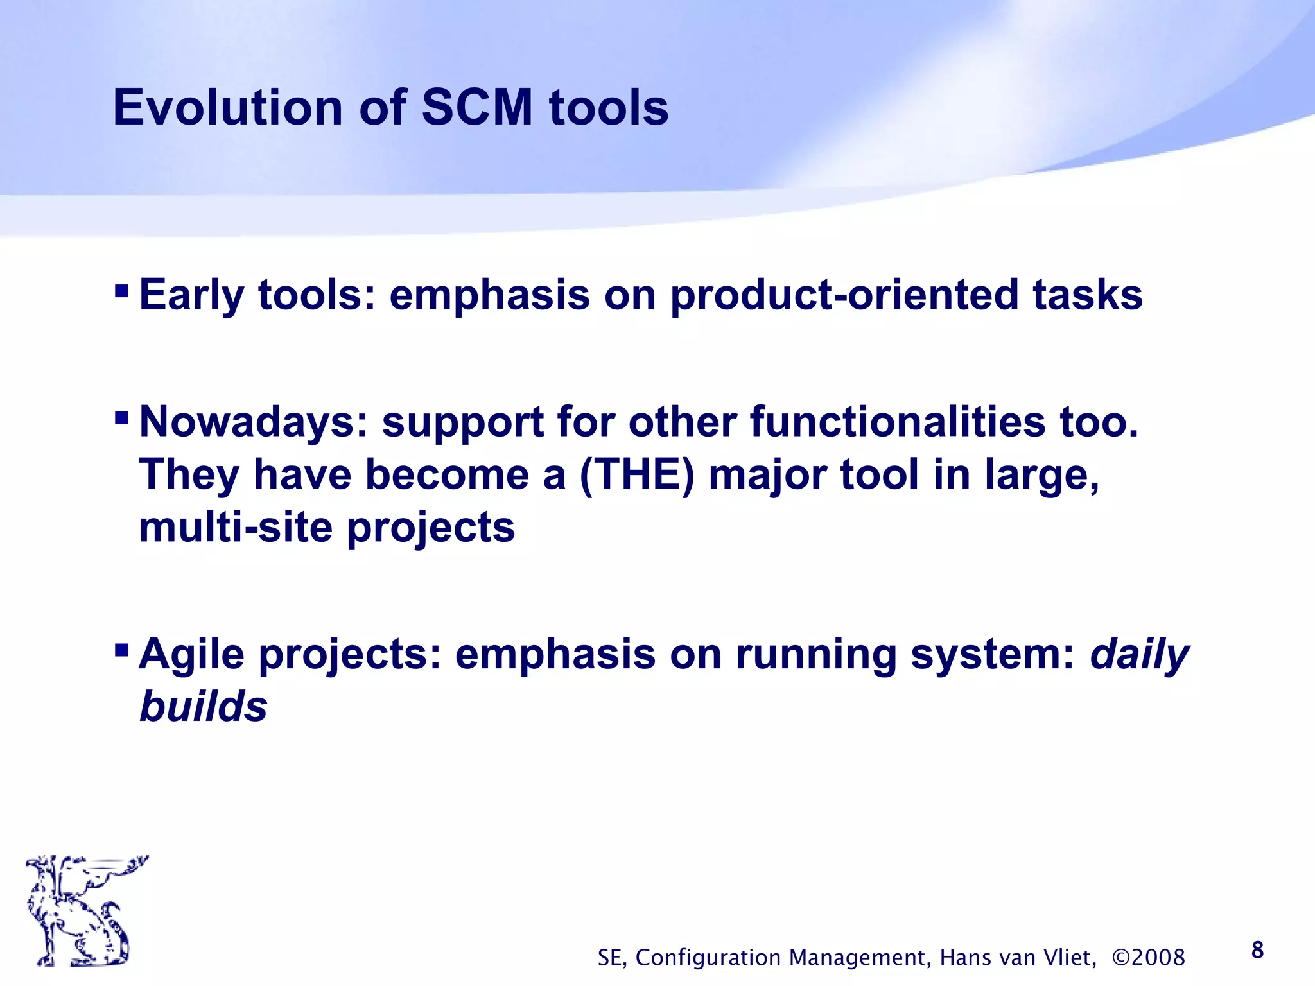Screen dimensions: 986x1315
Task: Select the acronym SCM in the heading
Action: click(x=477, y=107)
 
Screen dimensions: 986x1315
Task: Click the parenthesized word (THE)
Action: click(x=636, y=475)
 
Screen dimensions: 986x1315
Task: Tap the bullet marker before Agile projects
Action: click(x=121, y=652)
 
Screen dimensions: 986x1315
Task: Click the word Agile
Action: click(x=191, y=655)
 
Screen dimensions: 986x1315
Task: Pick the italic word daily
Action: click(x=1140, y=655)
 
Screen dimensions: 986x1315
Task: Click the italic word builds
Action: click(x=203, y=707)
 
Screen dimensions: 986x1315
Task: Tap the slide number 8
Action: click(x=1257, y=950)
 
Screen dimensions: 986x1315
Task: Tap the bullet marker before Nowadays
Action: click(x=121, y=419)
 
